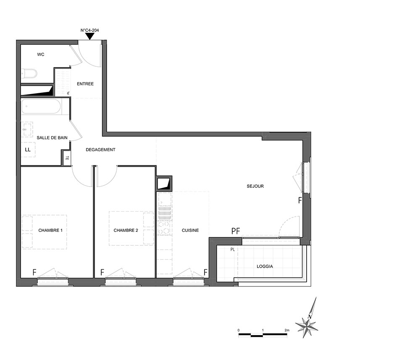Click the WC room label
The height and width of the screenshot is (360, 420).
[41, 55]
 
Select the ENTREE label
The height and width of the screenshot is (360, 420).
[85, 84]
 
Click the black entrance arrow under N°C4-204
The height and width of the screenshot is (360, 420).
[90, 37]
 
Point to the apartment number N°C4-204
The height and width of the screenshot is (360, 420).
[90, 30]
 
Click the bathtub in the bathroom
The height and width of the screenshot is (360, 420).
[42, 107]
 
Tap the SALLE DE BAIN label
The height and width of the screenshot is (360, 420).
[52, 138]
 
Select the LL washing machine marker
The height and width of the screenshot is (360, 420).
[28, 150]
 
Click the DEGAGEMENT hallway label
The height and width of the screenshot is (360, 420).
[100, 150]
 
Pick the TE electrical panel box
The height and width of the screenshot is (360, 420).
[67, 158]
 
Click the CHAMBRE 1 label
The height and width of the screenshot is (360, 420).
[50, 230]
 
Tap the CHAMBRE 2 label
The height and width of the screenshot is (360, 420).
[126, 230]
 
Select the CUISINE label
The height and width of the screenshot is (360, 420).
[190, 230]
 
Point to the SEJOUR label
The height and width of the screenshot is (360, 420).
[255, 186]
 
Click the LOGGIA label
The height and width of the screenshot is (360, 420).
[265, 266]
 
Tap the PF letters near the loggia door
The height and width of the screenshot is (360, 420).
[236, 231]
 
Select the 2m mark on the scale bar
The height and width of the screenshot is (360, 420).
[287, 330]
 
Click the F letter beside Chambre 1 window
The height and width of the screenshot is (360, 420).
[34, 272]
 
